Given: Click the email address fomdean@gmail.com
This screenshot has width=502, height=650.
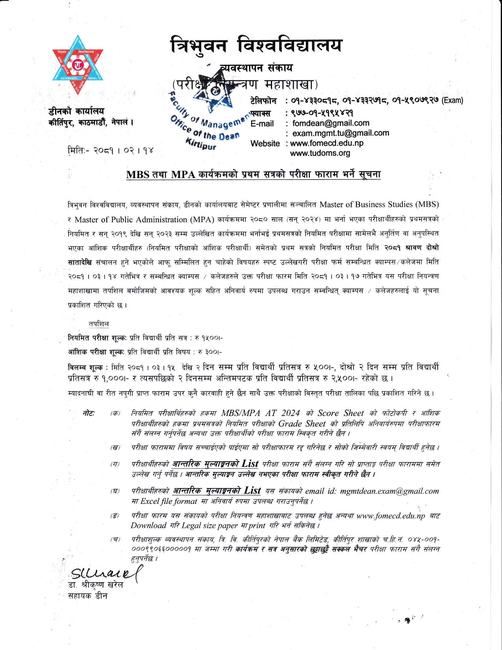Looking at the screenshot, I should point(330,123).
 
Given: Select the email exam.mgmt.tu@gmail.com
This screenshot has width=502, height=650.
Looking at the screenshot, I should point(341,133).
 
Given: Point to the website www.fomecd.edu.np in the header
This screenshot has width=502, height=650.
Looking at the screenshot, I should point(326,143).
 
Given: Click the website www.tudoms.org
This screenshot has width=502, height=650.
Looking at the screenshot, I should point(320,153).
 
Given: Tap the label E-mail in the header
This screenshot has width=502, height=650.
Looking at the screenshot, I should point(262,124).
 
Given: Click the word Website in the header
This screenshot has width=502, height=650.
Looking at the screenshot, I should point(265,143).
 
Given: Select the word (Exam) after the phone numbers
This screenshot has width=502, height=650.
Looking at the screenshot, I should point(452,100).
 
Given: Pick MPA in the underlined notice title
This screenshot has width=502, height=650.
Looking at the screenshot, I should point(183,175).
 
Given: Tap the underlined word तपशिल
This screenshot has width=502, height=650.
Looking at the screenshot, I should point(98,324).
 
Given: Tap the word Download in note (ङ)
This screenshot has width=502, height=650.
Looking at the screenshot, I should point(148,525).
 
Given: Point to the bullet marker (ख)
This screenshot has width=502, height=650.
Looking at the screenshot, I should point(115,448).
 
